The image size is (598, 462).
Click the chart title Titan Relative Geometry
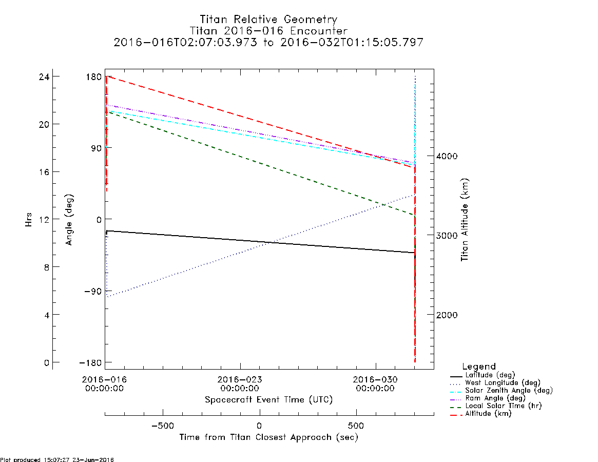point(268,20)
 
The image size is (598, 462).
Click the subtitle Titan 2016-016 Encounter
point(268,31)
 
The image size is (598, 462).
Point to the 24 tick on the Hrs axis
point(44,77)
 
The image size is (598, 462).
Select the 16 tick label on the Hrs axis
point(44,172)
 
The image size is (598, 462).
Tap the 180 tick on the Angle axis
point(94,77)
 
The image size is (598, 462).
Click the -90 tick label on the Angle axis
point(91,292)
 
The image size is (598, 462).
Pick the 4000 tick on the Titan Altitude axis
point(447,156)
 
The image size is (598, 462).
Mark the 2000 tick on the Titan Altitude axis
point(447,315)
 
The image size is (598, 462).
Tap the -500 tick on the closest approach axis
point(163,426)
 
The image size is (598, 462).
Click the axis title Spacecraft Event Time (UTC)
point(268,400)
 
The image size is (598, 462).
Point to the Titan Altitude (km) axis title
point(465,220)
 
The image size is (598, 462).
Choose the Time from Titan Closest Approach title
point(268,437)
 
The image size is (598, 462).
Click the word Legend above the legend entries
point(478,367)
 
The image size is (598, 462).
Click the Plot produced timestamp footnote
point(57,459)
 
